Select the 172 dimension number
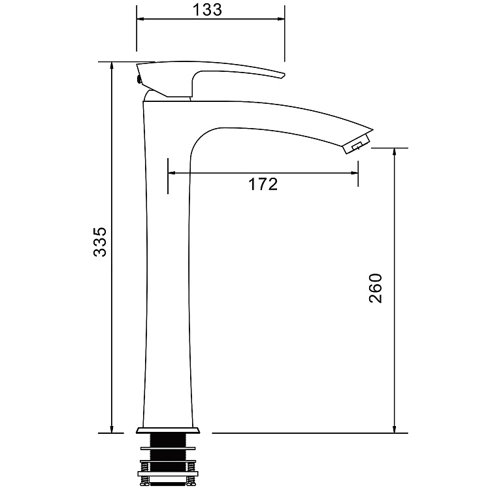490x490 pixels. (263, 184)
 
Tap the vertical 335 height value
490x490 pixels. (99, 242)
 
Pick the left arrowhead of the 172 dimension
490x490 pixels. (172, 173)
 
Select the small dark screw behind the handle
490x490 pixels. (139, 80)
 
